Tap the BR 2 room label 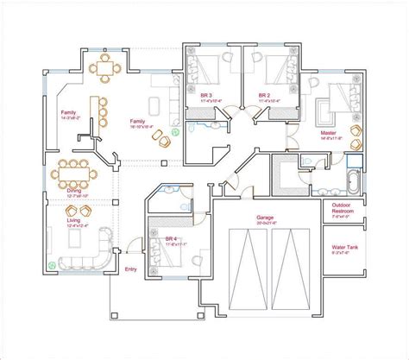click(265, 96)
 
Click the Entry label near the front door click(130, 270)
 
